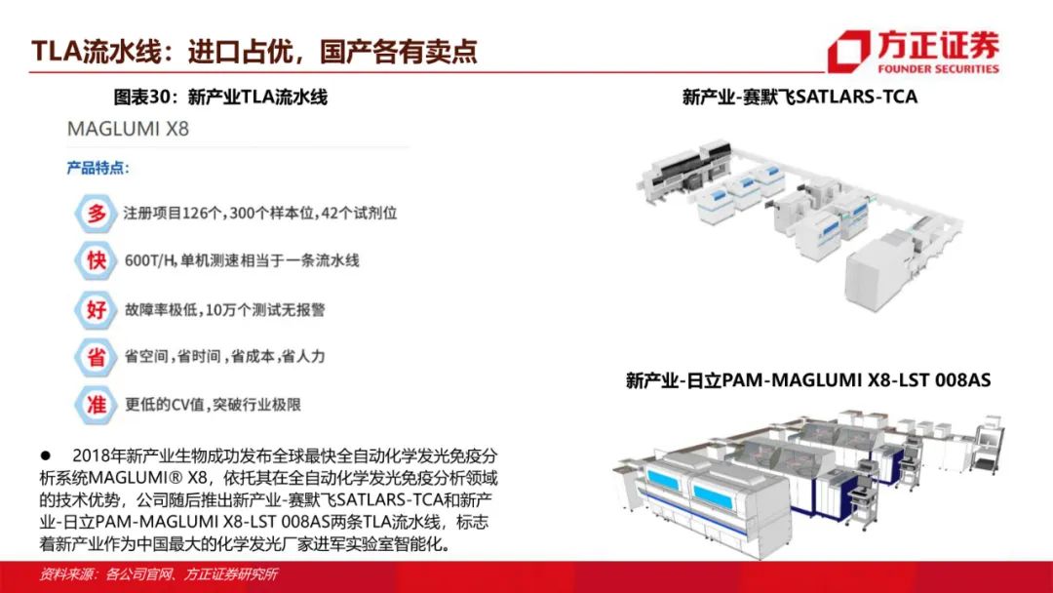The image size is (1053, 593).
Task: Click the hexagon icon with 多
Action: coord(96,214)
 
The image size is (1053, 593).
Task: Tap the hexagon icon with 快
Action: coord(96,260)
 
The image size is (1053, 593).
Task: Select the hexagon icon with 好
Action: coord(96,309)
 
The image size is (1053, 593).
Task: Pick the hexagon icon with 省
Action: coord(96,357)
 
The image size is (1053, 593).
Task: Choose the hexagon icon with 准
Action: coord(96,405)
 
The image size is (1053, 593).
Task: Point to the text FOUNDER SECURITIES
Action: coord(938,68)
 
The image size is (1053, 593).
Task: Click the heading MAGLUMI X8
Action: coord(128,129)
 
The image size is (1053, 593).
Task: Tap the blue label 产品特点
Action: coord(98,167)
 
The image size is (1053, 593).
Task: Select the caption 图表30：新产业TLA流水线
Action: coord(220,98)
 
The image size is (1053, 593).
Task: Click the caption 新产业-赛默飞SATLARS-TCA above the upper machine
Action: coord(799,97)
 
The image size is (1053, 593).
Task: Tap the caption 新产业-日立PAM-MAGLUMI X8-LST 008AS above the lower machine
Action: coord(808,380)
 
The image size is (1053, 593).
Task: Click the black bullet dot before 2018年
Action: coord(46,455)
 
